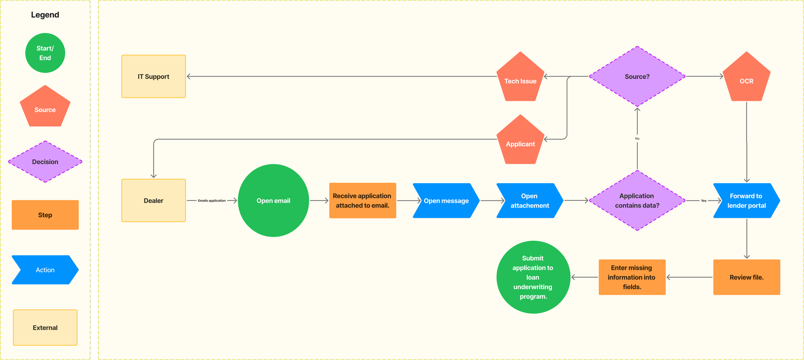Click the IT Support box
(x=153, y=76)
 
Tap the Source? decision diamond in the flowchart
(x=637, y=76)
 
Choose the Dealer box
(x=153, y=201)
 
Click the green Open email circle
(x=273, y=201)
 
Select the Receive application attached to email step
(x=362, y=201)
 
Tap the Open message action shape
(x=446, y=201)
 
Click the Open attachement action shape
(x=530, y=201)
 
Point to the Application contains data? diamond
(x=637, y=201)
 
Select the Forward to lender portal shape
(x=746, y=201)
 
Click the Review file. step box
(x=746, y=277)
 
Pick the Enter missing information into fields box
(x=632, y=277)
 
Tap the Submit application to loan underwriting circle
(x=533, y=277)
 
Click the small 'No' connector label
(x=637, y=139)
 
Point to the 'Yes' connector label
(x=704, y=201)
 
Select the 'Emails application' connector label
(x=212, y=201)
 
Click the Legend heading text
(x=45, y=15)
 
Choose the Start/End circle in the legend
(x=45, y=53)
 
